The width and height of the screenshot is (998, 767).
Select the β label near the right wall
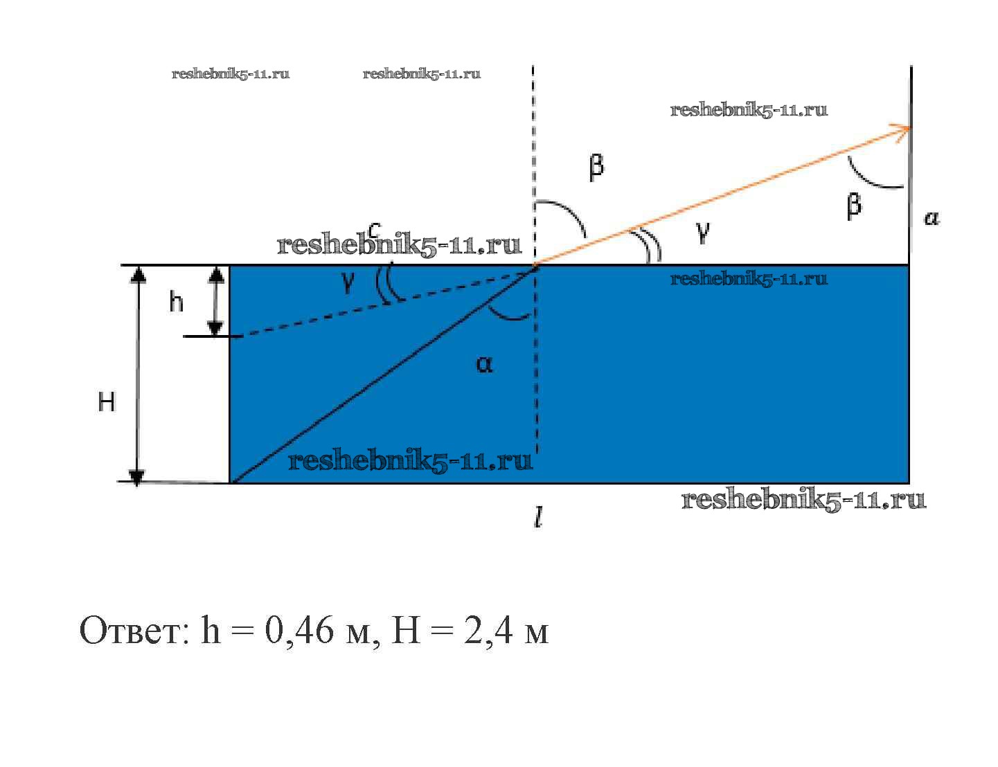(x=854, y=206)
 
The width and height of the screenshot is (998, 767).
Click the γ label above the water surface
(x=703, y=233)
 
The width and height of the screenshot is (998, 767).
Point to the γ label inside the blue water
(x=348, y=282)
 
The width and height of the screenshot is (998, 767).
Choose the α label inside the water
(x=485, y=364)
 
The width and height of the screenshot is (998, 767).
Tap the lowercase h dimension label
(x=177, y=302)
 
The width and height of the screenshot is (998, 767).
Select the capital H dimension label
(x=107, y=402)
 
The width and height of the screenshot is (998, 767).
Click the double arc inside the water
(x=385, y=283)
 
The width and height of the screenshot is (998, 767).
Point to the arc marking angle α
(x=508, y=316)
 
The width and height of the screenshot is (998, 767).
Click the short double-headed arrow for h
(x=216, y=301)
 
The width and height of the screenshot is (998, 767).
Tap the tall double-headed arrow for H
(x=137, y=375)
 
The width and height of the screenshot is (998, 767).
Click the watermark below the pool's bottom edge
(x=803, y=500)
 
